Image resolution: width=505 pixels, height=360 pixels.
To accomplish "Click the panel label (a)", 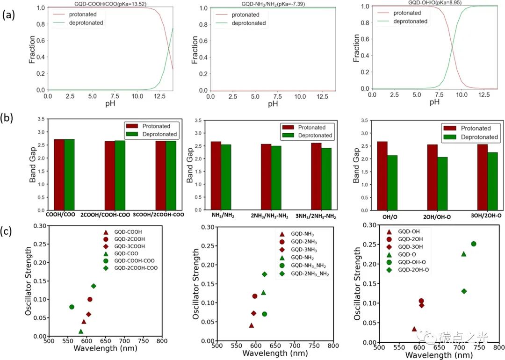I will [8, 15].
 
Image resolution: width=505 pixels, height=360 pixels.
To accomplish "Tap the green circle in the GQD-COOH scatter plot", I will [72, 307].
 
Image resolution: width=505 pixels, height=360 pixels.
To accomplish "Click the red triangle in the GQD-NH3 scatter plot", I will [252, 325].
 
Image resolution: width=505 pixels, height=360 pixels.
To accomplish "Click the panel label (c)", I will [8, 230].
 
